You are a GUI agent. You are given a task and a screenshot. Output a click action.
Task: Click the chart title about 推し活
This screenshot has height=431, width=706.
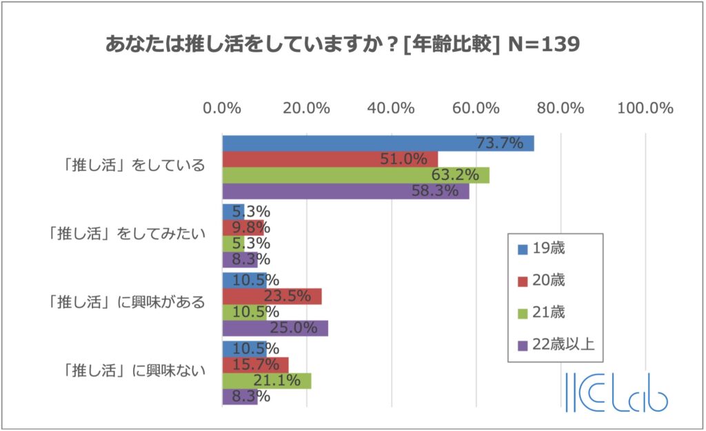(x=342, y=44)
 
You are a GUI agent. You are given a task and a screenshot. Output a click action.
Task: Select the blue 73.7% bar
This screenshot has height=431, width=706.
(x=378, y=143)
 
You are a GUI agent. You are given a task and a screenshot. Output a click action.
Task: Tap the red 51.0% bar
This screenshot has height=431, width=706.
(x=330, y=159)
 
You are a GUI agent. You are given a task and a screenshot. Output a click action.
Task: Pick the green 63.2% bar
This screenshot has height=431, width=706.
(x=356, y=175)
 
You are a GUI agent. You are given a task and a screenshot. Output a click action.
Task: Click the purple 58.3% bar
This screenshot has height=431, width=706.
(x=345, y=191)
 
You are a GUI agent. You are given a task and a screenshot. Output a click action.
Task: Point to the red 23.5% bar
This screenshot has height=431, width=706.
(x=272, y=297)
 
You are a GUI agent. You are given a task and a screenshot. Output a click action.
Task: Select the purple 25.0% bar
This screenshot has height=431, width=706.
(x=275, y=328)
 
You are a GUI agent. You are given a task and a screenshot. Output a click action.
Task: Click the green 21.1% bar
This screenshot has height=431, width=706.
(x=266, y=381)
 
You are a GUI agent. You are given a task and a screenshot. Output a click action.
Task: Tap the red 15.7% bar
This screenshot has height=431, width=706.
(x=255, y=364)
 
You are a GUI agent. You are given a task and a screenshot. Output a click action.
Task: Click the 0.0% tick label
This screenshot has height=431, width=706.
(x=222, y=108)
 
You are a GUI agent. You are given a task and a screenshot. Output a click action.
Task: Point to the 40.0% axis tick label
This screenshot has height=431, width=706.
(x=392, y=108)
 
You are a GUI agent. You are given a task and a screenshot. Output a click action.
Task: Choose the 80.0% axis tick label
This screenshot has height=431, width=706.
(x=561, y=108)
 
